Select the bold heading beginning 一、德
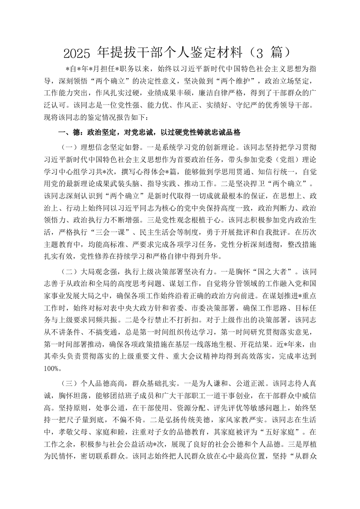[149, 132]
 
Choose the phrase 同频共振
[140, 321]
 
